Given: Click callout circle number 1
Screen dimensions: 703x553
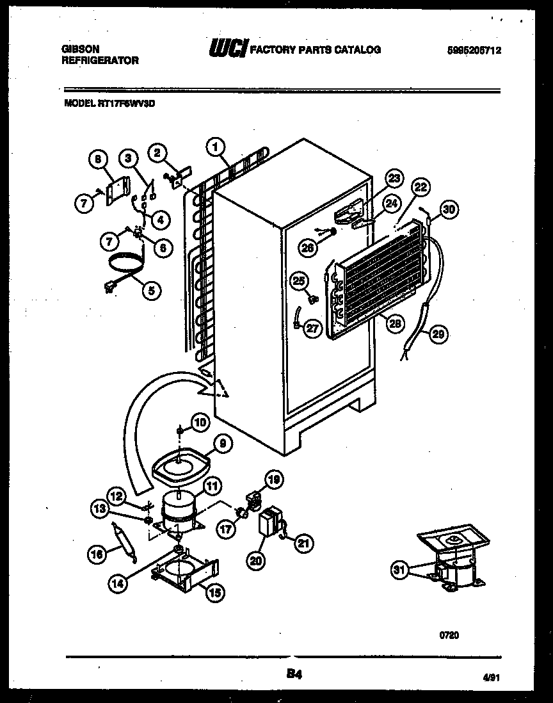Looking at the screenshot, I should click(216, 147).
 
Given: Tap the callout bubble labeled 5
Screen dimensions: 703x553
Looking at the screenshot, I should click(152, 291).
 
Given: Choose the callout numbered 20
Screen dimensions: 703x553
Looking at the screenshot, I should click(256, 560).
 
